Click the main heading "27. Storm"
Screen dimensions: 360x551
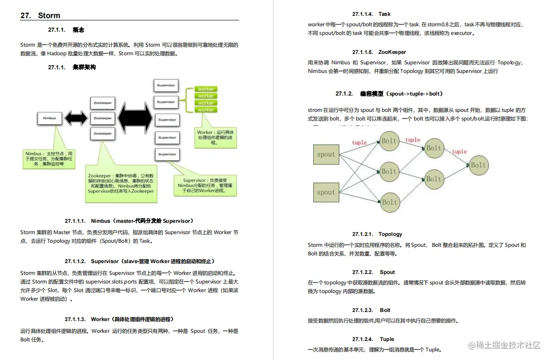pyautogui.click(x=40, y=15)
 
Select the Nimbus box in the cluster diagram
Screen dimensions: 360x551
pyautogui.click(x=49, y=118)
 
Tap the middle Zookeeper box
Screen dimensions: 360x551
pyautogui.click(x=102, y=118)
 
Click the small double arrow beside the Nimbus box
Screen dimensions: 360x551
pyautogui.click(x=76, y=119)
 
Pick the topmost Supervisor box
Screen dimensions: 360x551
pyautogui.click(x=166, y=86)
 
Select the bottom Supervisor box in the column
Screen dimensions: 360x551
pyautogui.click(x=167, y=154)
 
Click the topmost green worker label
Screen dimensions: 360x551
pyautogui.click(x=206, y=89)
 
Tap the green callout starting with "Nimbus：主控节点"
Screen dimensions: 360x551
pyautogui.click(x=44, y=158)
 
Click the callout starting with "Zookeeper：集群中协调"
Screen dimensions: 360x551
pyautogui.click(x=121, y=183)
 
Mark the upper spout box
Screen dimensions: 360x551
pyautogui.click(x=326, y=154)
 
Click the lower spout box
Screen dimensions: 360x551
pyautogui.click(x=326, y=192)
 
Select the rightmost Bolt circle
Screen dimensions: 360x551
pyautogui.click(x=478, y=165)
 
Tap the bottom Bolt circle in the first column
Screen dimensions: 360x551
pyautogui.click(x=389, y=202)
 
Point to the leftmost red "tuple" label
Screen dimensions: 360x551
pyautogui.click(x=359, y=143)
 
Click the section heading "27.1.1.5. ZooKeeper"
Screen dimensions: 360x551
pyautogui.click(x=379, y=52)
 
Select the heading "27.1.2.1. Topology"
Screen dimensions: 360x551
pyautogui.click(x=377, y=234)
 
